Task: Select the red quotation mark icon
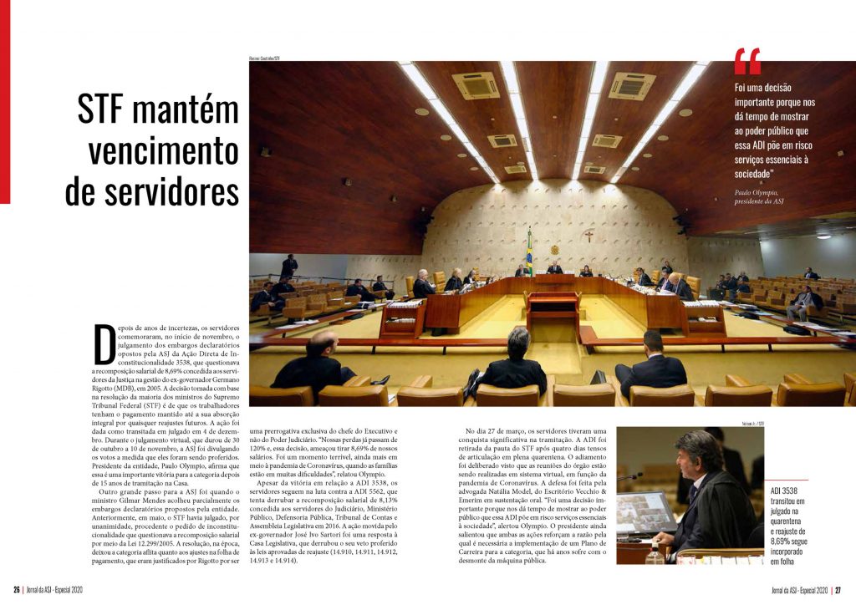pos(747,62)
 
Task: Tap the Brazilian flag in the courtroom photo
pos(529,247)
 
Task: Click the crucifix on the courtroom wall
pos(588,236)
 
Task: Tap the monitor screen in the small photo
pos(643,511)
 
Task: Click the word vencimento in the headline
pos(164,151)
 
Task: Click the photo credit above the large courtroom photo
pos(264,58)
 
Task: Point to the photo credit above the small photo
pos(750,424)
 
